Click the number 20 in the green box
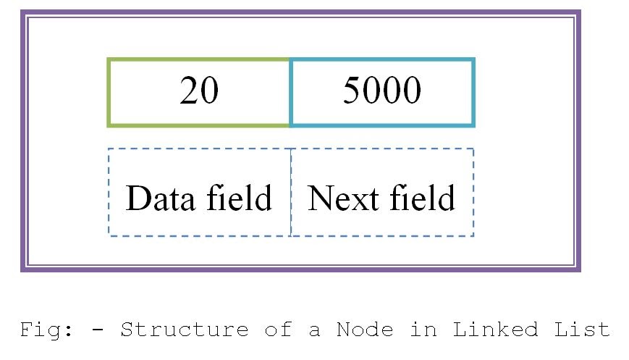(199, 92)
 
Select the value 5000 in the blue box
(381, 92)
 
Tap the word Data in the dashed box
(159, 198)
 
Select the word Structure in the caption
(184, 330)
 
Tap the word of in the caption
(279, 330)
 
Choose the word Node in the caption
(365, 330)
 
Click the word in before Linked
(423, 330)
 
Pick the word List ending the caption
(582, 330)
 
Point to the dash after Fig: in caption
(98, 331)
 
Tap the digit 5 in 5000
(352, 92)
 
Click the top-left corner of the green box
(109, 60)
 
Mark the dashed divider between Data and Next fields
(291, 192)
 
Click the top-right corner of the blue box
(473, 60)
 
